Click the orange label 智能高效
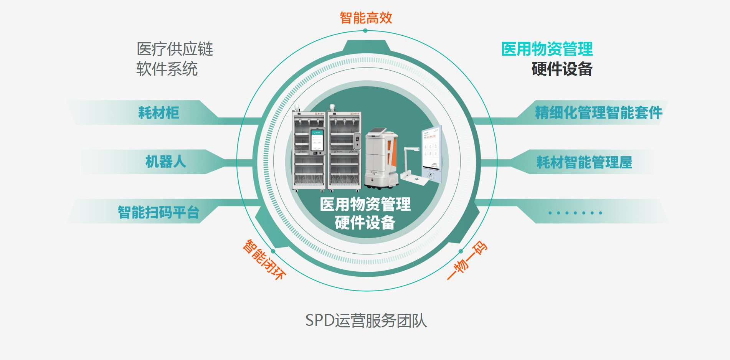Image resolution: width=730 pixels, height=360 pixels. (x=366, y=18)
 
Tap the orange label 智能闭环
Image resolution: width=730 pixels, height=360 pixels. (x=264, y=259)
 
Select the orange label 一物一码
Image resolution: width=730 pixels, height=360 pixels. (x=467, y=260)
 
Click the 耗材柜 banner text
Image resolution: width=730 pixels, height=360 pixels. (x=159, y=113)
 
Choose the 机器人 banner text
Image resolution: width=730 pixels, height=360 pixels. (x=165, y=162)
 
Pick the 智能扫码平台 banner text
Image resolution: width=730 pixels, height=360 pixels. (x=158, y=212)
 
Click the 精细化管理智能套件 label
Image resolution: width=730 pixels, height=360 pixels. (x=598, y=113)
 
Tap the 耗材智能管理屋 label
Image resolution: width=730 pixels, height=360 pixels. (x=584, y=162)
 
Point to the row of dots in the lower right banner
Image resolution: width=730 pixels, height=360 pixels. (x=575, y=213)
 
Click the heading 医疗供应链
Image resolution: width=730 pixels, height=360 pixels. (x=175, y=49)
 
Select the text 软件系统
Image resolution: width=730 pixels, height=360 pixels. (x=167, y=69)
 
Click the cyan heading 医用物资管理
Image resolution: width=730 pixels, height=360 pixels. (x=547, y=49)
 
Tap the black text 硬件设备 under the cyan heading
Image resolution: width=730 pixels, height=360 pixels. (x=562, y=69)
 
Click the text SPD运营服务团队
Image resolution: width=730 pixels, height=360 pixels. (x=366, y=320)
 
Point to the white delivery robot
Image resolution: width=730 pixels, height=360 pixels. (x=381, y=158)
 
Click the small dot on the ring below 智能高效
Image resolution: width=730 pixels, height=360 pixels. (x=365, y=31)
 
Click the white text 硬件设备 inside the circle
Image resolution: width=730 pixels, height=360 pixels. (x=365, y=223)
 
